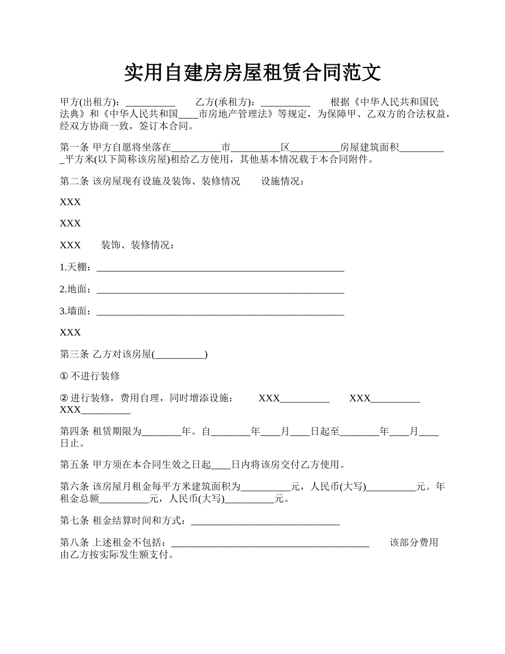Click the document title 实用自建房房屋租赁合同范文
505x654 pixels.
point(252,73)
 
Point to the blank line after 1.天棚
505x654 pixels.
point(220,267)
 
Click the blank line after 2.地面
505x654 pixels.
point(220,289)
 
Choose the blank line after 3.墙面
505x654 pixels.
point(220,311)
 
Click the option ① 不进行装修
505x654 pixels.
point(90,376)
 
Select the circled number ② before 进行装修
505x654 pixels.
point(64,398)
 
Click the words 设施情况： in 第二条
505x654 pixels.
point(283,181)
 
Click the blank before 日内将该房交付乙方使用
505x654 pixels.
point(221,465)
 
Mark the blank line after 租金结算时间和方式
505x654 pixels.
point(265,521)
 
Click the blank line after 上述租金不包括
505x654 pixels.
point(271,543)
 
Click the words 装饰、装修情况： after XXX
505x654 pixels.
point(138,245)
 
